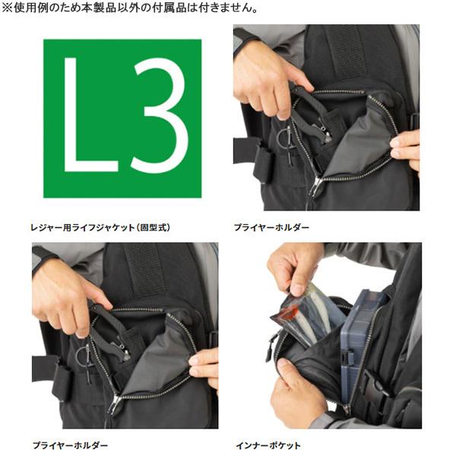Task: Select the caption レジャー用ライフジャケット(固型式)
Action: point(112,227)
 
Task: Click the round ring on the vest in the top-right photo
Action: point(283,139)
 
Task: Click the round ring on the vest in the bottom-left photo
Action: point(81,356)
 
